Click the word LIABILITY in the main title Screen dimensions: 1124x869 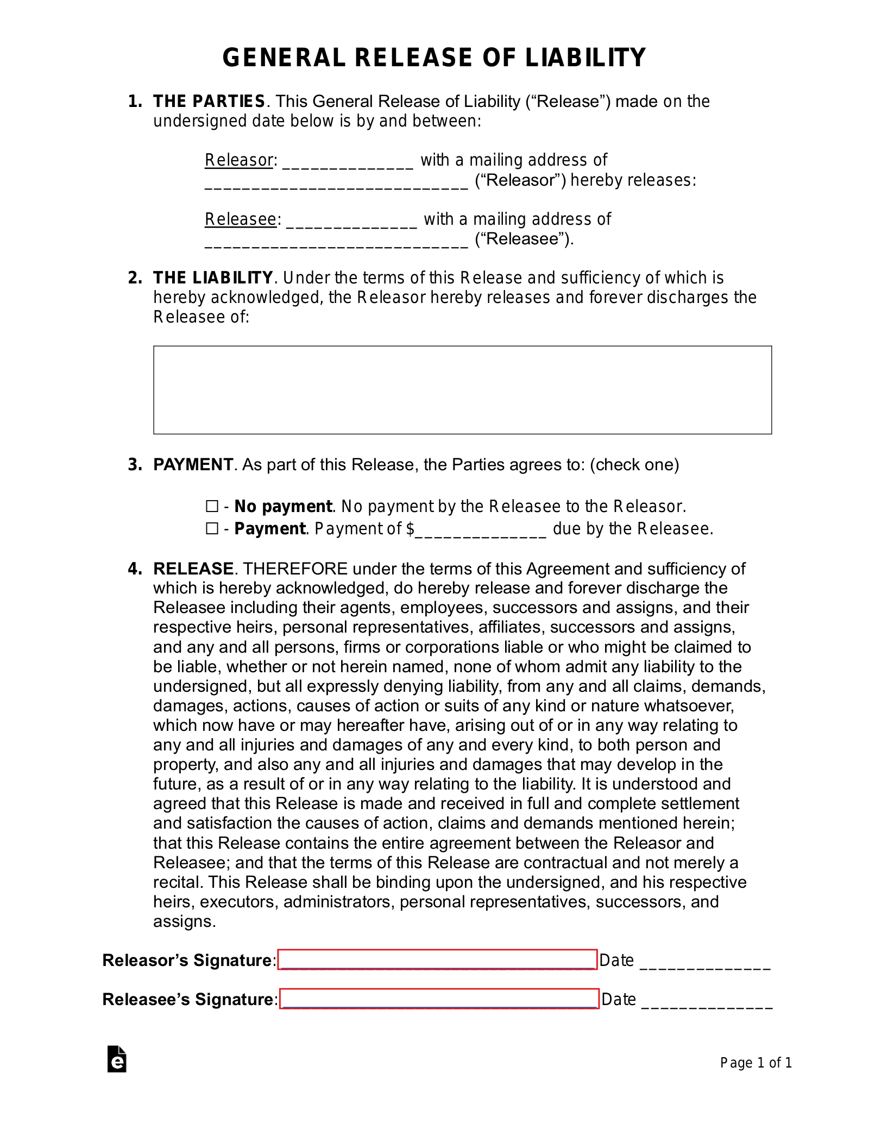point(585,58)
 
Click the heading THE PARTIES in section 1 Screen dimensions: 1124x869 point(209,102)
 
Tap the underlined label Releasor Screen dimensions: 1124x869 point(238,160)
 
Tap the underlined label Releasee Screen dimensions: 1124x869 point(241,219)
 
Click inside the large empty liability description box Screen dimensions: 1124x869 point(462,389)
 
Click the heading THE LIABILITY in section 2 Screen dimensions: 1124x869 point(212,278)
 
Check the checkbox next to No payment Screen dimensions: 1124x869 point(212,507)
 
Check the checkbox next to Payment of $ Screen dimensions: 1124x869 point(212,528)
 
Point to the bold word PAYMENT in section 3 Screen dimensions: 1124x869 point(193,465)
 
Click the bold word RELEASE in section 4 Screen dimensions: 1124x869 point(193,569)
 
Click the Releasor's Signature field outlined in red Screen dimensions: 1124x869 point(437,960)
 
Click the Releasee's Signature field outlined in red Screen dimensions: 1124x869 point(439,999)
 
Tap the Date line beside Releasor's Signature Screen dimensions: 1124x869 point(705,962)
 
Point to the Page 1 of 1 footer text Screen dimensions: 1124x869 point(755,1063)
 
